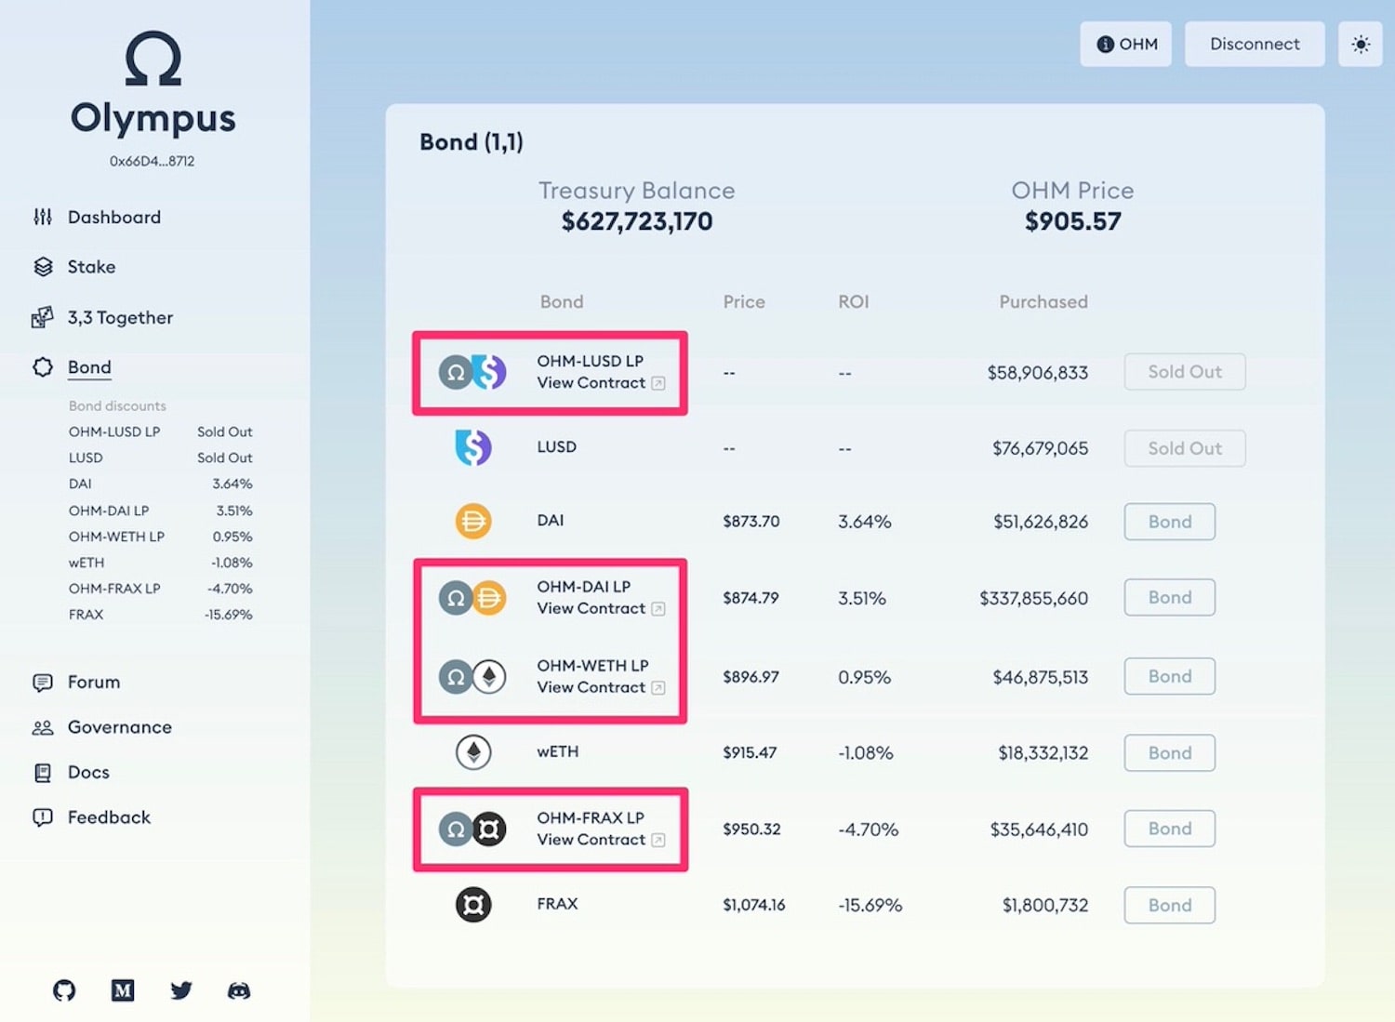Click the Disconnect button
click(1255, 45)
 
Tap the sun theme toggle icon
click(1360, 45)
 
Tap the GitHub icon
click(64, 990)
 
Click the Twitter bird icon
click(180, 990)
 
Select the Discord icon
click(239, 990)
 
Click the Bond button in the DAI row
click(1169, 522)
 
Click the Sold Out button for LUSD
click(1185, 448)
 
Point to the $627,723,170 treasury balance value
click(636, 221)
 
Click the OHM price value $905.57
click(1072, 221)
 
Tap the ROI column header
click(853, 302)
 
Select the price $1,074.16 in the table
click(753, 905)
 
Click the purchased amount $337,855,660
click(1034, 599)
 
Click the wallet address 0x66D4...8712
click(152, 161)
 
